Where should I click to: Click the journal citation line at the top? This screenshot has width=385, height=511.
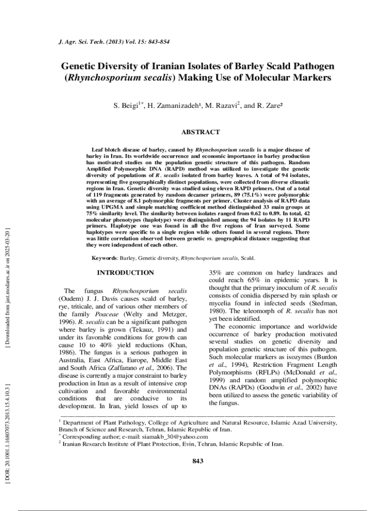coord(113,41)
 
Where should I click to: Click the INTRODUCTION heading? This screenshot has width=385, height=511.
coord(125,273)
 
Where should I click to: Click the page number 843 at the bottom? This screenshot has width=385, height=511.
coord(198,461)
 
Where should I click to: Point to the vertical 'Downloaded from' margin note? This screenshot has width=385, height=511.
coord(7,289)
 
